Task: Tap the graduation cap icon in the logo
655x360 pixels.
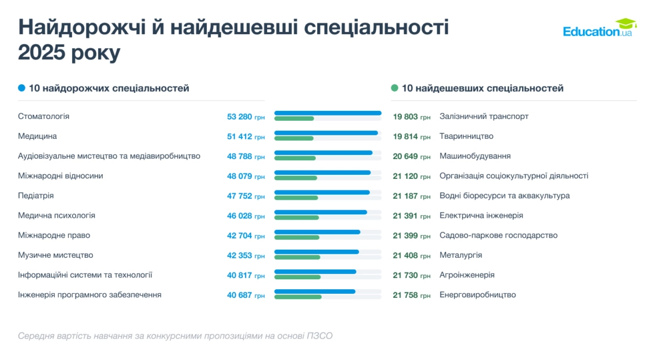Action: (x=625, y=23)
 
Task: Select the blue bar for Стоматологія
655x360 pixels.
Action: (x=327, y=113)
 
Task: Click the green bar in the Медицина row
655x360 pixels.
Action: (x=294, y=138)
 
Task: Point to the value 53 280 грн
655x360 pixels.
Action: (x=245, y=117)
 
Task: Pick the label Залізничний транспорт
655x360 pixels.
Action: (x=484, y=117)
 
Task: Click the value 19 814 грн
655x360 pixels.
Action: (x=411, y=136)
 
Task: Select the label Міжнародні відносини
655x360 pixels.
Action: (x=60, y=176)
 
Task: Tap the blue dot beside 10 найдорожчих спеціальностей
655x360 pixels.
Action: (x=21, y=88)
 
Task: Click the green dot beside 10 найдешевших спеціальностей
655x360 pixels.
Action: (x=395, y=88)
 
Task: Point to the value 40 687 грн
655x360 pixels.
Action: (x=245, y=295)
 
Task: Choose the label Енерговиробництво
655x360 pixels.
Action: (x=477, y=295)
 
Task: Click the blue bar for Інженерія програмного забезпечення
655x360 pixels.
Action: (x=314, y=291)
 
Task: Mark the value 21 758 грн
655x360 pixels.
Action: (x=411, y=295)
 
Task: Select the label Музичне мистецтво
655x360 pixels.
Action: (x=56, y=255)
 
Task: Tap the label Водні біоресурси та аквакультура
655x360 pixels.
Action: (x=504, y=196)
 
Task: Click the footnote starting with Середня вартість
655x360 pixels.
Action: (x=175, y=336)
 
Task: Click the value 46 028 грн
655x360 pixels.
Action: (x=245, y=215)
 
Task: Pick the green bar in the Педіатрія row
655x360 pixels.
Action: (x=296, y=197)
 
